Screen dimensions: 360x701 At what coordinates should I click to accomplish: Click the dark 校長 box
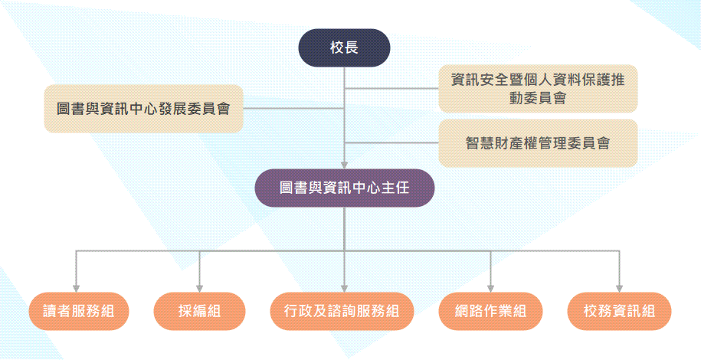click(344, 48)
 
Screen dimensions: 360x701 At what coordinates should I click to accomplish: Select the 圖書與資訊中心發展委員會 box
click(143, 109)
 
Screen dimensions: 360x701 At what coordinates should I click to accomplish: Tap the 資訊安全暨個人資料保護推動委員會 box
click(538, 88)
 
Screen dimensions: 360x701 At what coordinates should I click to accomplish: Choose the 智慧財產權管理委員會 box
click(538, 142)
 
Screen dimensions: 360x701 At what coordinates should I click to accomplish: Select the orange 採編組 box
click(200, 311)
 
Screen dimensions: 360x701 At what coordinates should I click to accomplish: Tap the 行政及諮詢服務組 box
click(344, 311)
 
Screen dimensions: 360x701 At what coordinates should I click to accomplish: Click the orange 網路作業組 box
click(491, 311)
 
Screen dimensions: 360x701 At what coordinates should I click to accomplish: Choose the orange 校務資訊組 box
click(619, 311)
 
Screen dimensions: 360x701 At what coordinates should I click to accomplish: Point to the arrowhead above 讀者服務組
click(75, 286)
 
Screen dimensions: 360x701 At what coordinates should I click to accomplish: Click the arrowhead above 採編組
click(200, 286)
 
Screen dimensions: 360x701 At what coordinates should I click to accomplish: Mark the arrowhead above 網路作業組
click(491, 286)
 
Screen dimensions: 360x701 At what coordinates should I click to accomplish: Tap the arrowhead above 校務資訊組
click(619, 286)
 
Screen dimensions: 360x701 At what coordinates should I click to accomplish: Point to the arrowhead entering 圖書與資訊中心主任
click(344, 163)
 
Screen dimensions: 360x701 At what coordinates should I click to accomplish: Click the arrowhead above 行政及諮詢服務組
click(344, 286)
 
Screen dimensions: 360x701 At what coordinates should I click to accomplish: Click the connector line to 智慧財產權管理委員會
click(391, 142)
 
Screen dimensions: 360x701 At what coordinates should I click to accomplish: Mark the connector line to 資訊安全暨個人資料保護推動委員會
click(391, 88)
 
